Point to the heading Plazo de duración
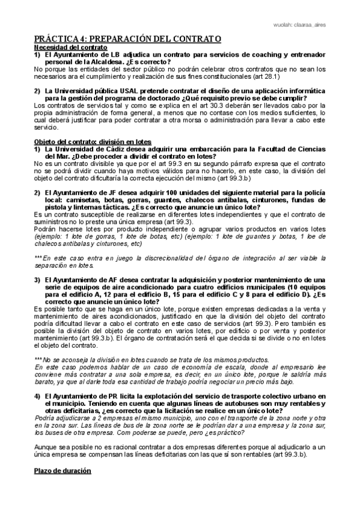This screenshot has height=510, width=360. pos(62,470)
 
